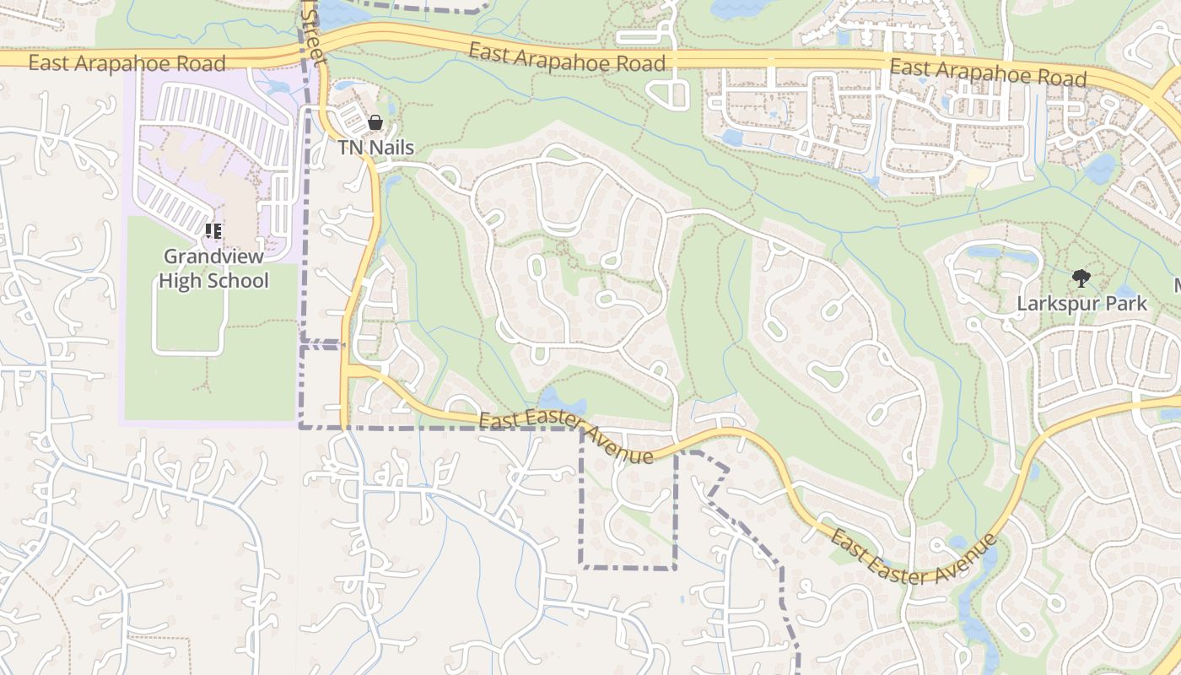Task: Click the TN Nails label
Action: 376,148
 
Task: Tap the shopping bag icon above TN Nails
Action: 375,123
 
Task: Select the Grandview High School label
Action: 214,268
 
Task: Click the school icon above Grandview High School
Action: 213,230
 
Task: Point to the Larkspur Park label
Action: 1082,303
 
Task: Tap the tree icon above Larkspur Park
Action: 1081,278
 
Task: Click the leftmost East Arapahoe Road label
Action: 127,63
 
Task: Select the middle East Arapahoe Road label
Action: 567,58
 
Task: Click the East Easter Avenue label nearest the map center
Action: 566,438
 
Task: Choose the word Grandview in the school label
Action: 214,256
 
